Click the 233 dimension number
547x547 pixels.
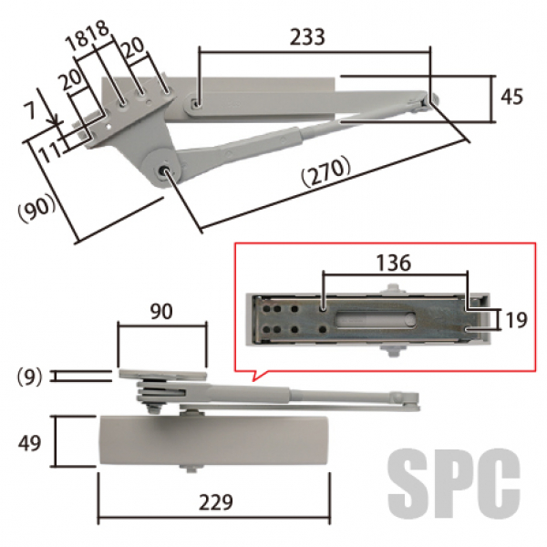click(307, 37)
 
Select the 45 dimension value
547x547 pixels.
click(511, 97)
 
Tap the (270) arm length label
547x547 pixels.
click(326, 171)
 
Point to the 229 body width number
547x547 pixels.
click(215, 502)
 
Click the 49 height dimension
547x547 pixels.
click(29, 443)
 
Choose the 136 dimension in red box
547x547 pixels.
click(394, 263)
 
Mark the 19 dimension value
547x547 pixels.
click(516, 320)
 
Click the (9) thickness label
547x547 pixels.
click(29, 377)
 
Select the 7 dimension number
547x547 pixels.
click(30, 111)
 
